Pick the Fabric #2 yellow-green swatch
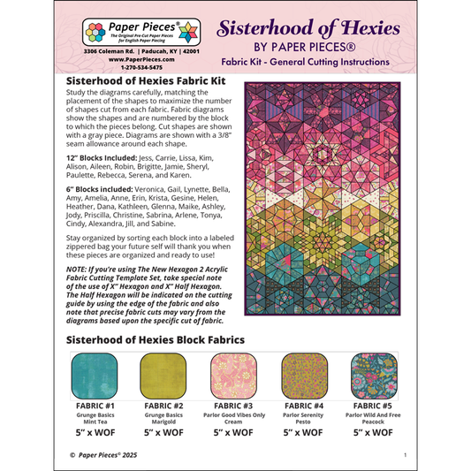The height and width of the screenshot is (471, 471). pyautogui.click(x=166, y=373)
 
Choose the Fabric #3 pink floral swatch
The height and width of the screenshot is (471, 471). pyautogui.click(x=237, y=373)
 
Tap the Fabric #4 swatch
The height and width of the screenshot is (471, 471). pyautogui.click(x=307, y=373)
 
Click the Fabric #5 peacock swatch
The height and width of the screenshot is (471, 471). pyautogui.click(x=377, y=373)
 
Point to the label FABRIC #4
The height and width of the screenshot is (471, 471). pyautogui.click(x=307, y=404)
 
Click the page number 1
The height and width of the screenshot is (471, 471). pyautogui.click(x=404, y=454)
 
